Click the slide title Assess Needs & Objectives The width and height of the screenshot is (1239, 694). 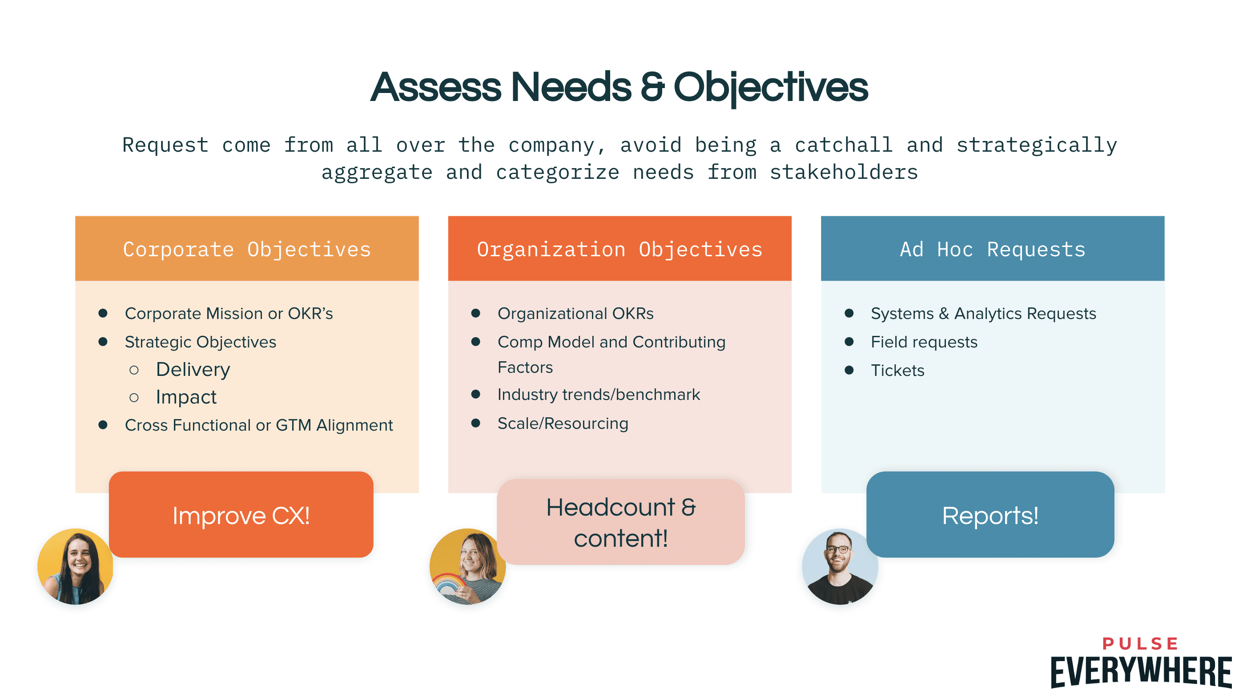tap(619, 87)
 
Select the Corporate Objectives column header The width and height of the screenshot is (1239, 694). tap(247, 249)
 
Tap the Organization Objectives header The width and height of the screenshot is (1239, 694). tap(619, 249)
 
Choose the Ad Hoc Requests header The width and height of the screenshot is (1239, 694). tap(992, 249)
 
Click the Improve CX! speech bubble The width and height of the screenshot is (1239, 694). tap(241, 515)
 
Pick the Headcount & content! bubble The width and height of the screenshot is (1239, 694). tap(620, 522)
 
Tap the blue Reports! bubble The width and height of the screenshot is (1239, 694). tap(990, 515)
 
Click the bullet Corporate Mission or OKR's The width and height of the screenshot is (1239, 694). tap(229, 313)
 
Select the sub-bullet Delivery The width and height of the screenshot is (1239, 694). tap(193, 370)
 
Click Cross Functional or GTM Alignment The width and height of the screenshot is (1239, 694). tap(259, 425)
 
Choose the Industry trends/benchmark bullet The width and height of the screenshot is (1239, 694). tap(598, 395)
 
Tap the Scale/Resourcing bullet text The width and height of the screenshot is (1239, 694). tap(563, 424)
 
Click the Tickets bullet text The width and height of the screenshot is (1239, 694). tap(897, 371)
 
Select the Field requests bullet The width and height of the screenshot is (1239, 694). tap(924, 342)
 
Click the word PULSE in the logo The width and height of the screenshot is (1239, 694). tap(1140, 643)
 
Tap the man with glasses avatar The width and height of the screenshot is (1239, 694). tap(840, 566)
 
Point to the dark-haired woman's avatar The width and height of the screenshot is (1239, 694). tap(76, 566)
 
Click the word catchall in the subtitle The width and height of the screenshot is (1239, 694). tap(843, 145)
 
